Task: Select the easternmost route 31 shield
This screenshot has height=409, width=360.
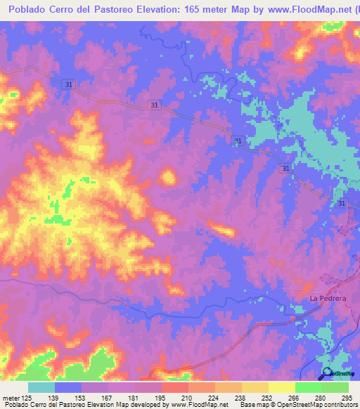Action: point(341,203)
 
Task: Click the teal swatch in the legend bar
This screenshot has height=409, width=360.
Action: point(41,387)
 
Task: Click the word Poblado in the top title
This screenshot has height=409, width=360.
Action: point(24,10)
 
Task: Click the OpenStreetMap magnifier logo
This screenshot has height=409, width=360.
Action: point(326,373)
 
